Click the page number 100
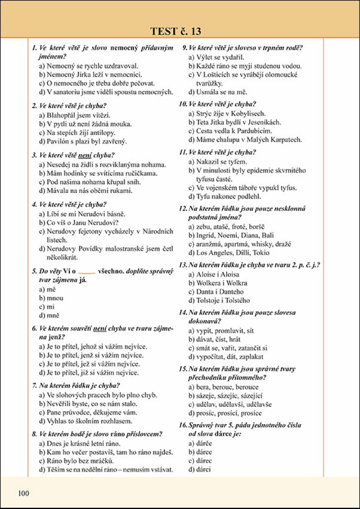[24, 492]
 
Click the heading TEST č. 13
[175, 31]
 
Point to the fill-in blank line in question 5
[87, 271]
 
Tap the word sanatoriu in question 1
[68, 92]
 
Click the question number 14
[183, 313]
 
